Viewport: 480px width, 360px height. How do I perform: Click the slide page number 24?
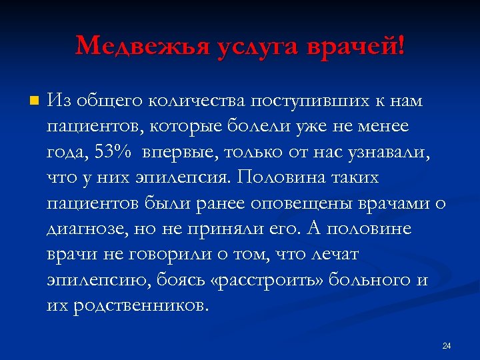click(x=447, y=345)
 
